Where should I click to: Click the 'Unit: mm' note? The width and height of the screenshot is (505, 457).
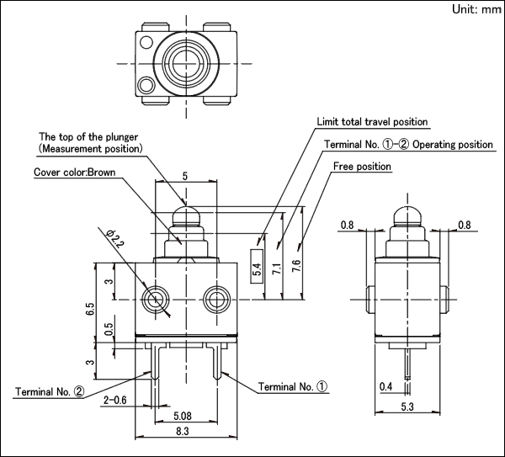point(476,9)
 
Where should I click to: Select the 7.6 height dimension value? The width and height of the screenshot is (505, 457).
point(296,266)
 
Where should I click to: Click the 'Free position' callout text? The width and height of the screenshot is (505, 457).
point(362,166)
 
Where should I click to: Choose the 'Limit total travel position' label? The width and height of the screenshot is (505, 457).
point(372,122)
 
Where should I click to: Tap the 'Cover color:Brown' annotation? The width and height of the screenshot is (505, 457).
point(74,172)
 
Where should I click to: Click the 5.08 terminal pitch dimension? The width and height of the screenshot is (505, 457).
point(183,416)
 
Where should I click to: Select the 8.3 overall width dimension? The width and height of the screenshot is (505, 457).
point(183,431)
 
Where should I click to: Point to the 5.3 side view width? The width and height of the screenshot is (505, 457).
point(407,407)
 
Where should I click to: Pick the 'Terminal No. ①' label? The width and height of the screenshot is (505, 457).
point(293,386)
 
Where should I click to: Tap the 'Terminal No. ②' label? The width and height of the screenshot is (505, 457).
point(50,391)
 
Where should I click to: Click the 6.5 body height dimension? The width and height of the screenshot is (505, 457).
point(91,309)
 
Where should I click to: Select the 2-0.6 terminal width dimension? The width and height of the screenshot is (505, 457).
point(115,401)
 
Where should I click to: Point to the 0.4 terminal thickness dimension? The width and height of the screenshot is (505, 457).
point(385,386)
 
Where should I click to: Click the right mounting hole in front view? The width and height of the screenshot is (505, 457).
point(217,300)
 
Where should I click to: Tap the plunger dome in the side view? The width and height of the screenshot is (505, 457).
point(407,216)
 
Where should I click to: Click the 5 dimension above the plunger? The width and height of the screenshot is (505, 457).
point(185,176)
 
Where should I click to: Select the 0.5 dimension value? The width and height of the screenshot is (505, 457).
point(109,329)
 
